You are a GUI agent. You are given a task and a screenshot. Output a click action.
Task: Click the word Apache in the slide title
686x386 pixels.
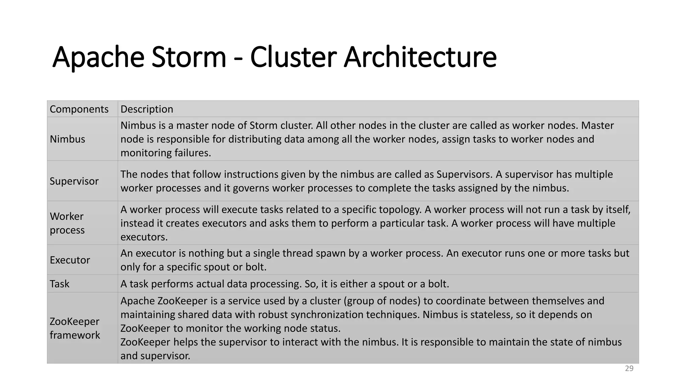tap(98, 58)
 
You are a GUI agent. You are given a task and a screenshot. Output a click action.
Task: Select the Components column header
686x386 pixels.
tap(79, 109)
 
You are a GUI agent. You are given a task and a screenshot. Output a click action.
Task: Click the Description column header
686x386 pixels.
tap(147, 109)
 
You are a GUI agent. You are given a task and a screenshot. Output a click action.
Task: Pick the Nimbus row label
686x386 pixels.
tap(67, 139)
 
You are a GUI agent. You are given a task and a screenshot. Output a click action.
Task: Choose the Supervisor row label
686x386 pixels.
tap(74, 181)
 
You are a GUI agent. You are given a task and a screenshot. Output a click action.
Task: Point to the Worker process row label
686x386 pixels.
tap(67, 223)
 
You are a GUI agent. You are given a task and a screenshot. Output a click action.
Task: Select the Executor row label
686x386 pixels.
tap(70, 260)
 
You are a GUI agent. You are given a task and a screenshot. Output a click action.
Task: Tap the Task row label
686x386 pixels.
tap(59, 284)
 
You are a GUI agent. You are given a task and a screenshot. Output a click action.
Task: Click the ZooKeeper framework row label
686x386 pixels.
tap(75, 328)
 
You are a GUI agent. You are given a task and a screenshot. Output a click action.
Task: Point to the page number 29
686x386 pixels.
tap(629, 369)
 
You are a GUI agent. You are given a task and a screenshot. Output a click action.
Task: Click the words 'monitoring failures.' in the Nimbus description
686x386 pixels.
tap(165, 153)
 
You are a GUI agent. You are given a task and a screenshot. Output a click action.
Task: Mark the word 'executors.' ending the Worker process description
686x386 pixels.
tap(144, 237)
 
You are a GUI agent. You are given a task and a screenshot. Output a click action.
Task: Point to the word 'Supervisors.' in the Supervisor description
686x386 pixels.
tap(466, 174)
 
